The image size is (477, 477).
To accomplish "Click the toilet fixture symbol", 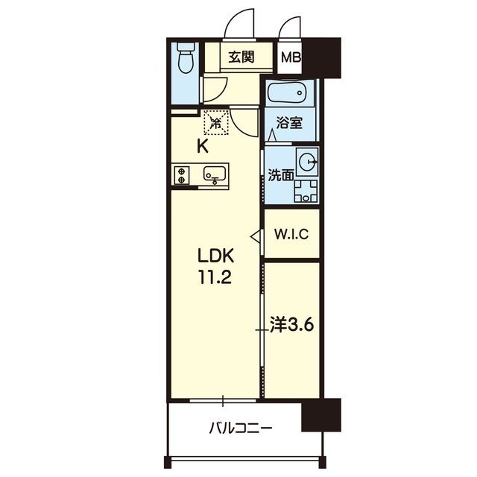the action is coord(186,58).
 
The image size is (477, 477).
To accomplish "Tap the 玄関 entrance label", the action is coord(241,57).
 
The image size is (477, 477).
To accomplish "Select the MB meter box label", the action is coord(291,57).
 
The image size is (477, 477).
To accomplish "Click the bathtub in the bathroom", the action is coord(286,92).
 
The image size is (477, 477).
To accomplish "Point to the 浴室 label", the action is coord(289,123).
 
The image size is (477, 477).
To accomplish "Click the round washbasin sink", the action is coord(308,162).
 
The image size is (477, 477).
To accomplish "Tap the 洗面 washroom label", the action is coord(281,176).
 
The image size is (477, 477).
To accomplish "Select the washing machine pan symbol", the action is coord(306,191).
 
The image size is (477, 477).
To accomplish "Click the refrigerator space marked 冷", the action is coord(216,122).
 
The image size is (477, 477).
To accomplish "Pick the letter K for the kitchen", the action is coord(203,147).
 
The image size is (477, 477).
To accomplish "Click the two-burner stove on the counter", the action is coord(182,176).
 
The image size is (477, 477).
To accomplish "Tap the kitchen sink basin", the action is coord(215,175).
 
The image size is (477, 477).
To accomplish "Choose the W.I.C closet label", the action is coord(291,234).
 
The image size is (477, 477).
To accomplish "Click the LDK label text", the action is coord(215,256).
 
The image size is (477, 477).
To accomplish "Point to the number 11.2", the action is coord(215,277).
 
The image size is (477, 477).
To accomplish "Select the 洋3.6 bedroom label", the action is coord(291,326).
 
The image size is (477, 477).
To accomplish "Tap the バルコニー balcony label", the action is coord(240,429).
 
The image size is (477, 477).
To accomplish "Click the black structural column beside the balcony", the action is coord(321,414).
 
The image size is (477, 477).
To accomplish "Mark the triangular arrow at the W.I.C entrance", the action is coord(256,236).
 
